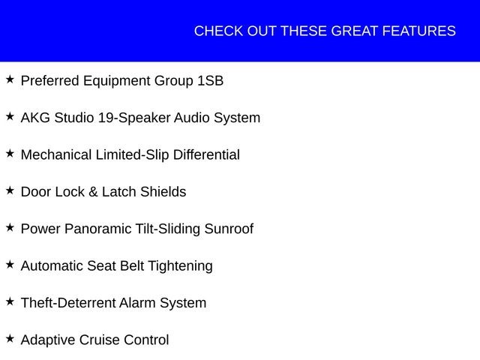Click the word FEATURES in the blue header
click(x=419, y=31)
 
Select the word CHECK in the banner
click(x=218, y=31)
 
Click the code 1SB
click(x=211, y=81)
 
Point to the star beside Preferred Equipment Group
click(x=10, y=79)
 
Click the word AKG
click(x=35, y=118)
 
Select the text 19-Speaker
click(x=134, y=118)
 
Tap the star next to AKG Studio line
click(x=10, y=116)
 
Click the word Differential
click(x=206, y=154)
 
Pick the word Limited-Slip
click(x=132, y=155)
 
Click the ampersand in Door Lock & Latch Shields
click(x=93, y=192)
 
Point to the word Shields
click(x=163, y=192)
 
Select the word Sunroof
click(x=229, y=229)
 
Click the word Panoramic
click(x=97, y=229)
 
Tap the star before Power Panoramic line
click(x=10, y=227)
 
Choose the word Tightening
click(x=180, y=266)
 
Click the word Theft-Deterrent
click(x=70, y=303)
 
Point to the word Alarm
click(x=137, y=303)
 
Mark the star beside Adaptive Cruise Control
click(x=10, y=338)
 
